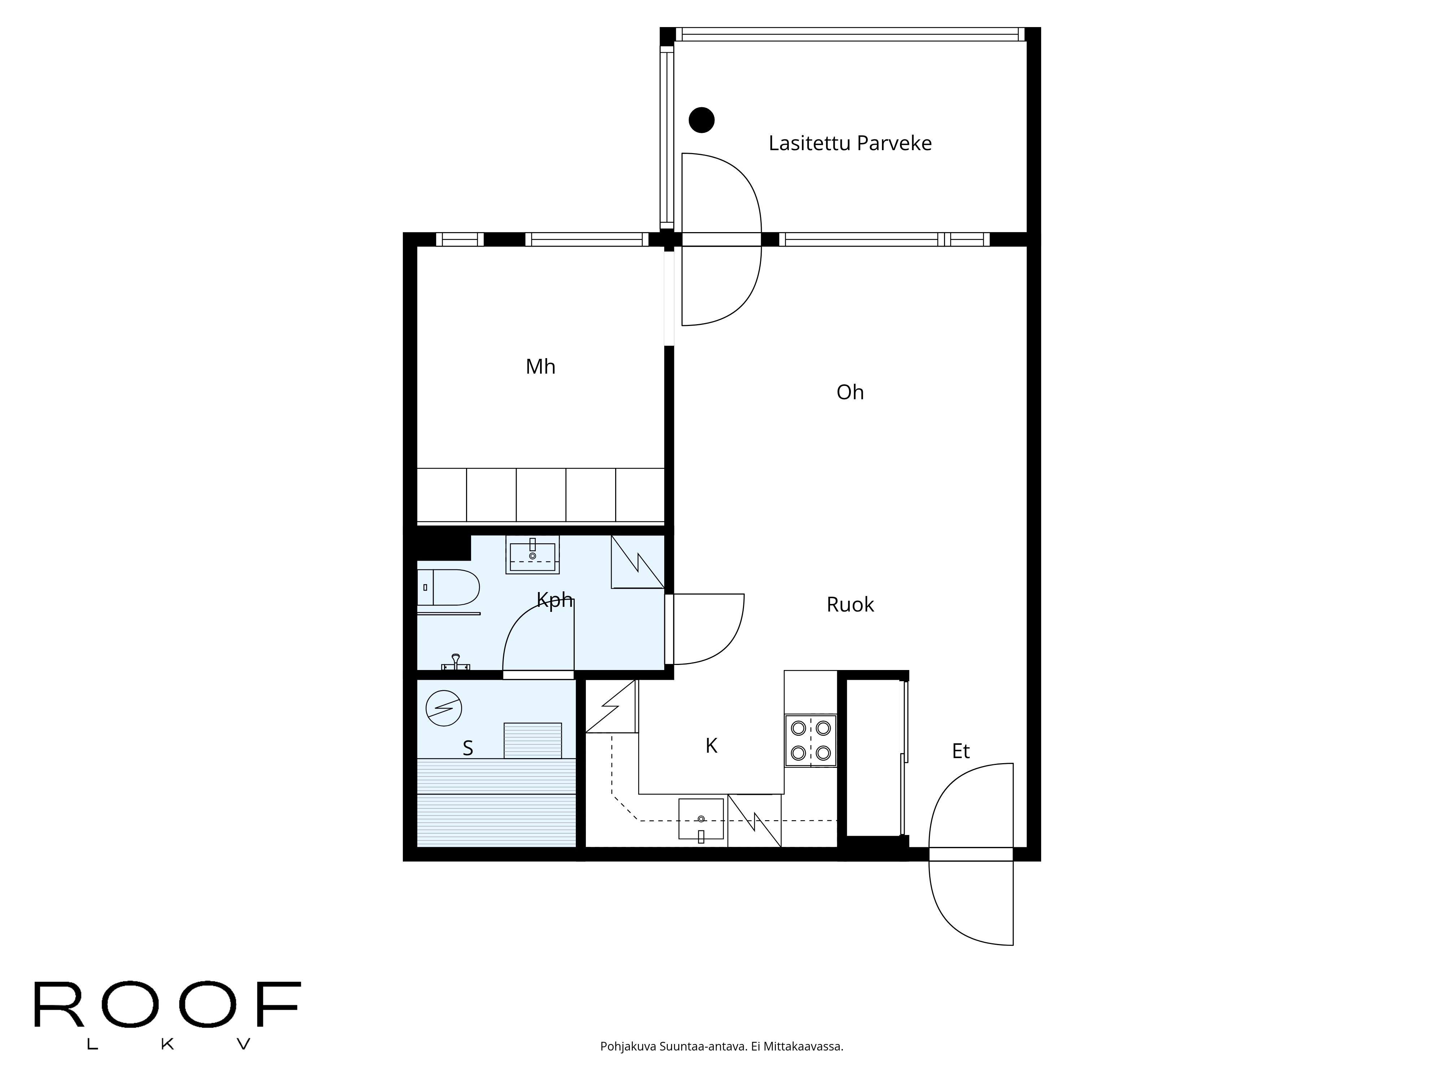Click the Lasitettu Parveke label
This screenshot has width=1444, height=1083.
(849, 143)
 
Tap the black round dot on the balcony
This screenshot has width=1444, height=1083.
(702, 119)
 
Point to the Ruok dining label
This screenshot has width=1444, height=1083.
(849, 605)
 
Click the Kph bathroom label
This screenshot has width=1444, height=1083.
(554, 599)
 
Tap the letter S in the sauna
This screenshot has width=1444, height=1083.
(467, 748)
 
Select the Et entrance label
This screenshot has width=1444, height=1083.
(960, 751)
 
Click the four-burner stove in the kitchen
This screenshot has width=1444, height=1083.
(810, 740)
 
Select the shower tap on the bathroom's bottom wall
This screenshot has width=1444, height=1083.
(456, 663)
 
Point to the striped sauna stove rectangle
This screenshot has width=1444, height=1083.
(532, 740)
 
